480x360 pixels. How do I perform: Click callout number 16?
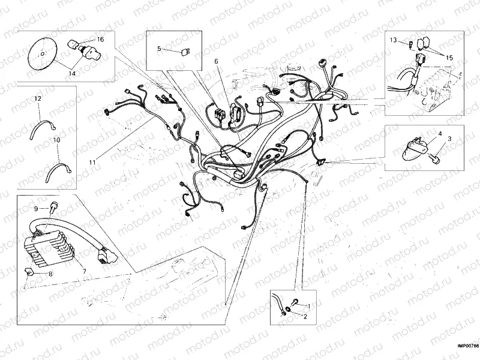[x=100, y=39]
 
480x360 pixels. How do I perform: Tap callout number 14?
[x=71, y=73]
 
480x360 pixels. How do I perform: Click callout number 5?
[x=159, y=48]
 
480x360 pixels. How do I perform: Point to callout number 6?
[x=217, y=61]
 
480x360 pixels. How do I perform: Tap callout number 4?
[x=439, y=133]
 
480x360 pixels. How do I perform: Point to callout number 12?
[x=37, y=98]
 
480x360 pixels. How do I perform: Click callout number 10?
[x=56, y=139]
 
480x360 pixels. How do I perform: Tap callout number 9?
[x=35, y=208]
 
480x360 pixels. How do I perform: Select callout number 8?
[x=50, y=274]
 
